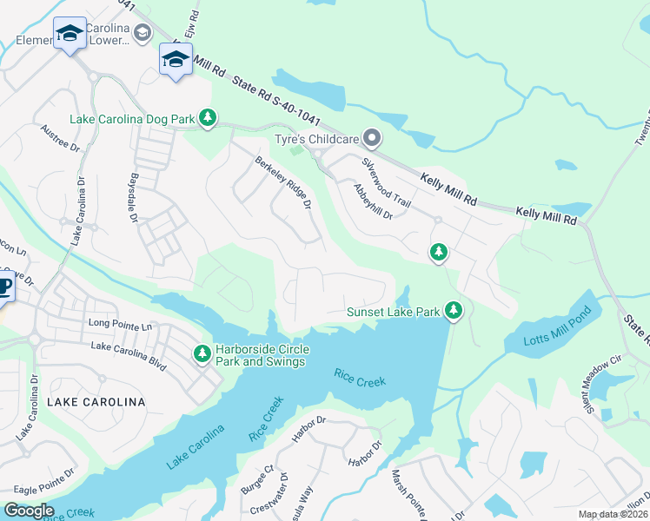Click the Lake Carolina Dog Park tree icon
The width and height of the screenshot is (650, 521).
tap(207, 117)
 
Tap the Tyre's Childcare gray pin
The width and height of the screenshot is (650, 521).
tap(372, 138)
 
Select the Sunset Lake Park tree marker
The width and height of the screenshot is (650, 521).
tap(452, 310)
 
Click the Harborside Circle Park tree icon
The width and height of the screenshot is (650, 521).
tap(202, 353)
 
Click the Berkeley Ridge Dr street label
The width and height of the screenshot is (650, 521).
tap(282, 182)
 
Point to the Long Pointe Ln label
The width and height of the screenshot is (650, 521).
tap(120, 323)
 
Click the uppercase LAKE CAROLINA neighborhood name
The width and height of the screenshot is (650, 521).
tap(96, 402)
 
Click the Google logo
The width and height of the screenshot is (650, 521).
tap(29, 511)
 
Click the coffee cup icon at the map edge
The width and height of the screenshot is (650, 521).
tap(4, 287)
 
